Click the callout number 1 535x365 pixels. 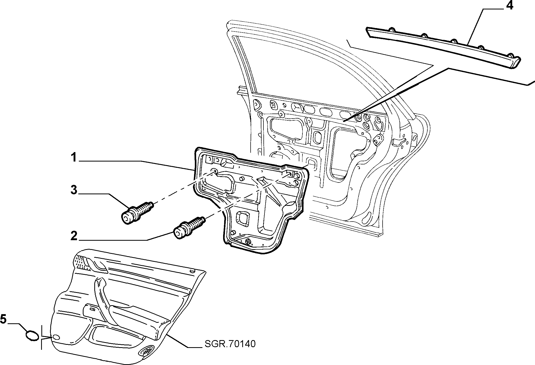74,158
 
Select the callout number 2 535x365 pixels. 74,236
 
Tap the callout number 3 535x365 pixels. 74,190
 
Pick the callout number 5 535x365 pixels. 3,319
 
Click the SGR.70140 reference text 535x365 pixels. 230,344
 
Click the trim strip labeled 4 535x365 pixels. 443,47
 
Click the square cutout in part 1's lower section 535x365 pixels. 242,218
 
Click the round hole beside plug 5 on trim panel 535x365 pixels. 56,337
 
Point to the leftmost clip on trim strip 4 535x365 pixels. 392,29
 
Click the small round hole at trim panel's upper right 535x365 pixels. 192,271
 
